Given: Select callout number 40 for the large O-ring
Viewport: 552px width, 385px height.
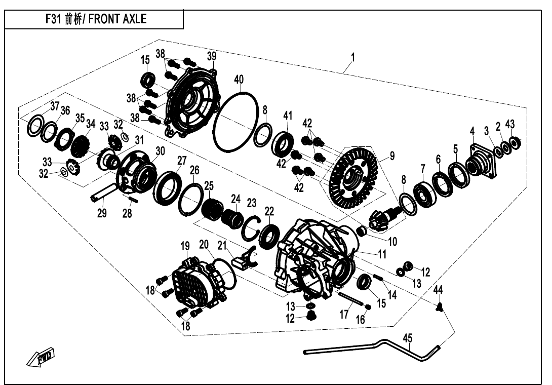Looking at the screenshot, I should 239,80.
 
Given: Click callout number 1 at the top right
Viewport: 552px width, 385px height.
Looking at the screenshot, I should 352,58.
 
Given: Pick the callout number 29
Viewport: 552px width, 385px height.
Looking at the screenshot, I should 102,213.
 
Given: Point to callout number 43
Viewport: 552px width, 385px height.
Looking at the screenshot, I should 510,125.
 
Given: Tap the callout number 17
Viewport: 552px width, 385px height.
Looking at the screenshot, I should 344,315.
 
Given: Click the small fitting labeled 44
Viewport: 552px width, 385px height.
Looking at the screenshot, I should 440,305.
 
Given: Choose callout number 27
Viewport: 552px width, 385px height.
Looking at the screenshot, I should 182,161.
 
